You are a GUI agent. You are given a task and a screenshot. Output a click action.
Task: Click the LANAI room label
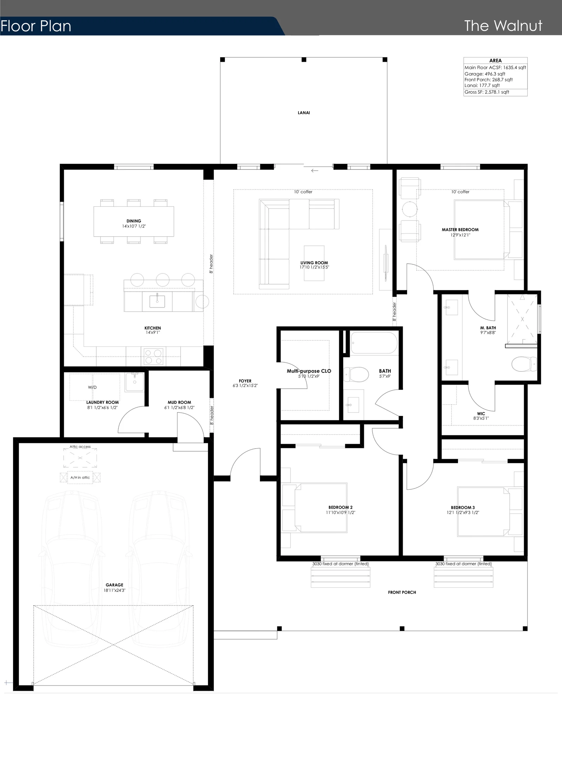tap(304, 113)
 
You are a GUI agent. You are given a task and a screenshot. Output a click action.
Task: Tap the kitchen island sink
tap(157, 301)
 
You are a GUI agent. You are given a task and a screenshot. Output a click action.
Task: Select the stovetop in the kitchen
tap(154, 356)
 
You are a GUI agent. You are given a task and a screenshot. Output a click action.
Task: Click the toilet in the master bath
tap(524, 364)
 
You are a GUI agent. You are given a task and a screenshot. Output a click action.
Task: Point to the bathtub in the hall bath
tap(374, 343)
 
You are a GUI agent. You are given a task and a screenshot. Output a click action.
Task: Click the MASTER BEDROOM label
tap(460, 230)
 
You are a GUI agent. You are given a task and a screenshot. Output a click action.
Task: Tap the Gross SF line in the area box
tap(487, 92)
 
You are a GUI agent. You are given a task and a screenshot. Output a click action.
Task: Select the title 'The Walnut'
tap(503, 26)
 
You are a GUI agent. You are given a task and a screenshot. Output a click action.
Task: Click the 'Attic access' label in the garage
tap(80, 447)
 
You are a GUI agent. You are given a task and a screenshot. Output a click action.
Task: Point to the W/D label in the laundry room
tap(92, 387)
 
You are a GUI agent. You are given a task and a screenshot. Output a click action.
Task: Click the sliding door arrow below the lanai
tap(315, 171)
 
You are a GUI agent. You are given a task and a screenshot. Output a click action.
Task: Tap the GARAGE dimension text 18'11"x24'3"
tap(115, 590)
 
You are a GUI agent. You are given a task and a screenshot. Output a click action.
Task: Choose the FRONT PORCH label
tap(402, 592)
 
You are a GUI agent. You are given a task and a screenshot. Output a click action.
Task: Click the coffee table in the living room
tap(314, 263)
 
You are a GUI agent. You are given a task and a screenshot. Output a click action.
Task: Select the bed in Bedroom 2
tap(321, 508)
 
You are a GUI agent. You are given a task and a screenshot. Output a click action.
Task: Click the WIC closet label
tap(481, 414)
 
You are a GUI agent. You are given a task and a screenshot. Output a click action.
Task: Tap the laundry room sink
tap(135, 382)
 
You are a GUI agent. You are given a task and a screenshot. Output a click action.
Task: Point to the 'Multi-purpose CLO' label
tap(309, 371)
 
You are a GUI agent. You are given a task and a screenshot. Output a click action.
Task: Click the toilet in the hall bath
tap(355, 374)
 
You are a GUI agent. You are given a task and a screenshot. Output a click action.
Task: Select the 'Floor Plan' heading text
tap(36, 26)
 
